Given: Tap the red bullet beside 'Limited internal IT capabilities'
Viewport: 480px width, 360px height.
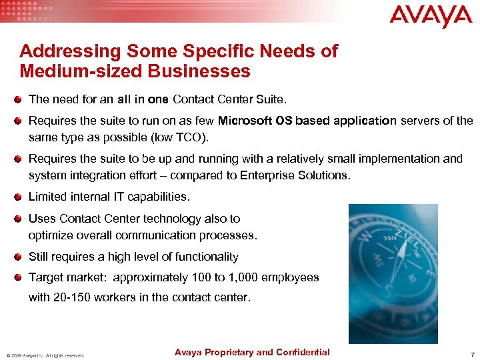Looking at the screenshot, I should pos(21,197).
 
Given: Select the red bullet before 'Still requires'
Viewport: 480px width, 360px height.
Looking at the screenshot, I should pos(21,257).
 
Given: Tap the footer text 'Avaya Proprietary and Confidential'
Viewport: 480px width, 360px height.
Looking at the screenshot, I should pos(251,352).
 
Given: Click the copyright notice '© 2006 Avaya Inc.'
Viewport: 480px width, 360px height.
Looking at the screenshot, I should pos(31,355).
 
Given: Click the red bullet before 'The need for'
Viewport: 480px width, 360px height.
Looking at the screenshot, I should pos(21,100).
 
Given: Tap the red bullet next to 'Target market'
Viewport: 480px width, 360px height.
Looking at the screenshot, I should pos(21,277).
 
